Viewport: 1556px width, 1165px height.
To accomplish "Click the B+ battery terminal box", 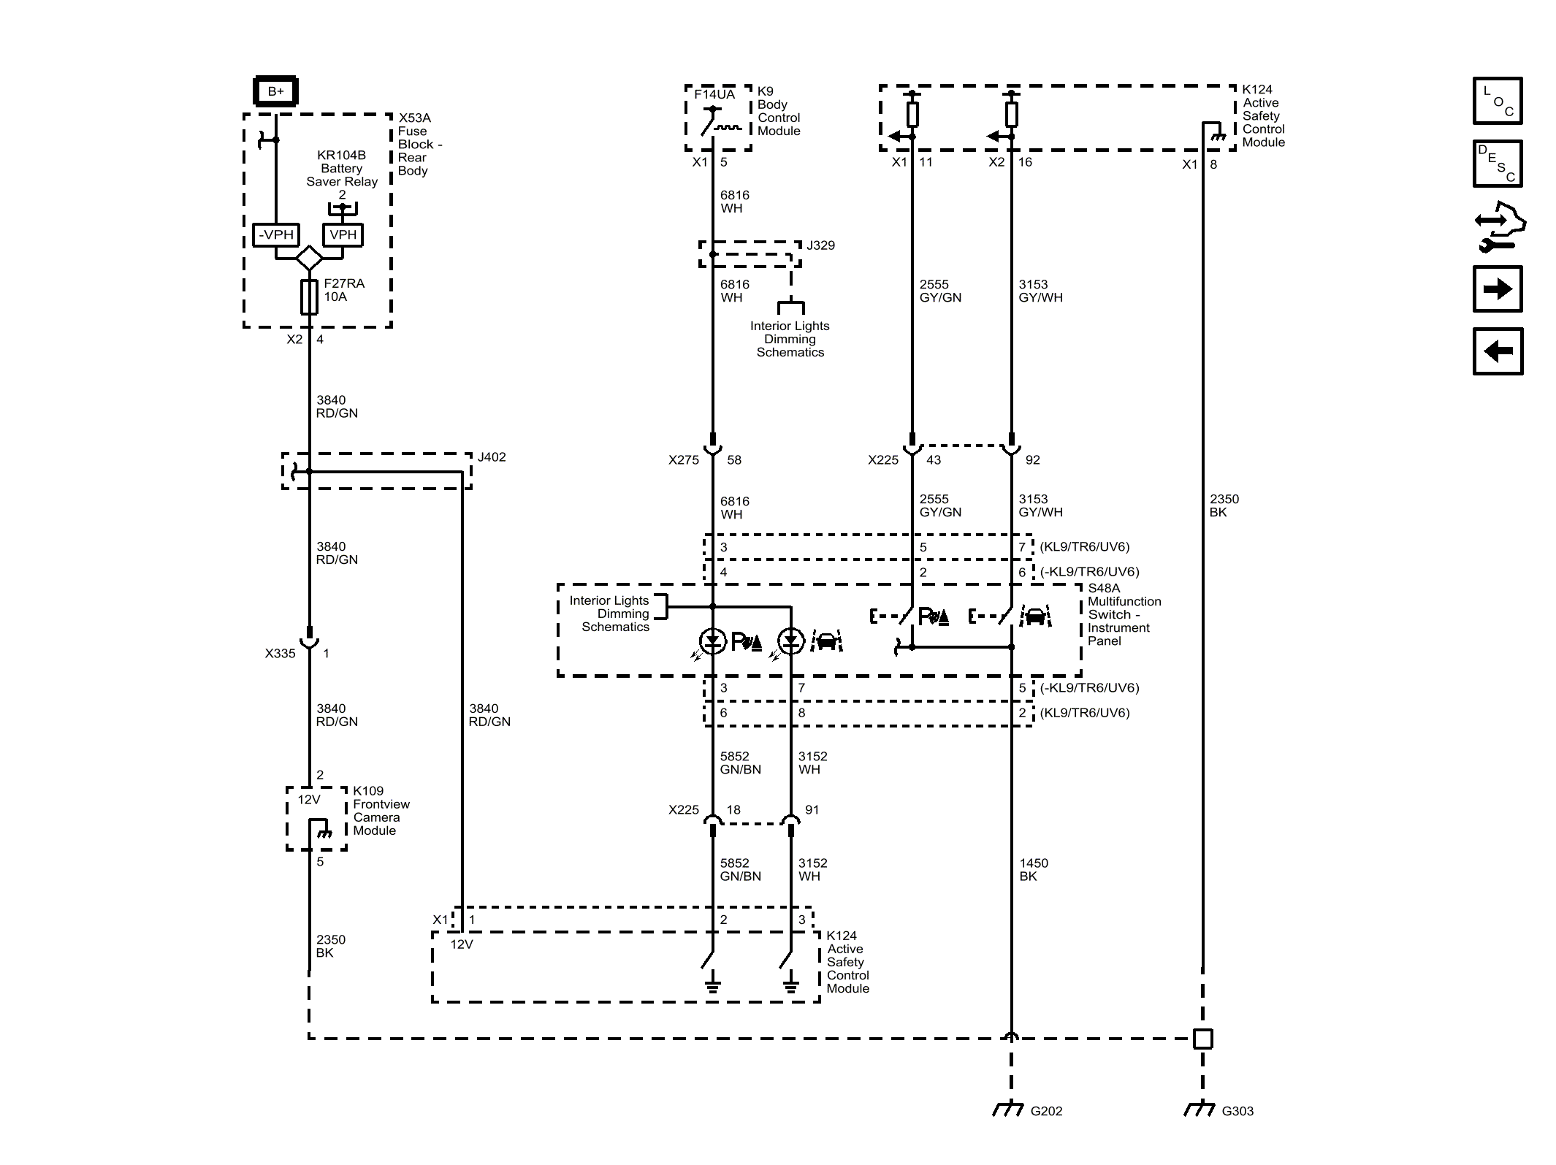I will [x=275, y=91].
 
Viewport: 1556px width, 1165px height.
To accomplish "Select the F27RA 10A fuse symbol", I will [x=309, y=297].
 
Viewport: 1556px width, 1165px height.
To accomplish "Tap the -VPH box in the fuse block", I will [x=276, y=235].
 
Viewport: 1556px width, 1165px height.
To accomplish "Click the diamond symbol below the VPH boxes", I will [x=309, y=258].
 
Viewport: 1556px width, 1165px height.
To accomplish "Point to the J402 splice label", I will [x=492, y=457].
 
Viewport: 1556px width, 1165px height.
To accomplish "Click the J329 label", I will [x=820, y=245].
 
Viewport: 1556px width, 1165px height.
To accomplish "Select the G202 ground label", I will [x=1046, y=1111].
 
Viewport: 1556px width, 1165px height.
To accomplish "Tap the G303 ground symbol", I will [x=1199, y=1109].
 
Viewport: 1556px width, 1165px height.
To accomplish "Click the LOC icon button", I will [x=1498, y=101].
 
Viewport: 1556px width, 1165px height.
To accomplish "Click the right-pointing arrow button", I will [x=1498, y=289].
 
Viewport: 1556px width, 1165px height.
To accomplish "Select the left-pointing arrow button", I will [x=1498, y=351].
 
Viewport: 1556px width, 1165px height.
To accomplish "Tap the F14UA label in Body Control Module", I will [x=714, y=94].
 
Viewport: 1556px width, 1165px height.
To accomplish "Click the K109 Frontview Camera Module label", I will [x=381, y=811].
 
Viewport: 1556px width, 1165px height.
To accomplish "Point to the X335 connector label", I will [x=280, y=654].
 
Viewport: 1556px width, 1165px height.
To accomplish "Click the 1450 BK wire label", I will [x=1034, y=870].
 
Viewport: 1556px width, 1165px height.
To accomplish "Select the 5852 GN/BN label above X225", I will [x=740, y=763].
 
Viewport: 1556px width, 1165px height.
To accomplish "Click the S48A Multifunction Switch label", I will [x=1123, y=614].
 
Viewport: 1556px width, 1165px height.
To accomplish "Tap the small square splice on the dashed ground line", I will [x=1202, y=1039].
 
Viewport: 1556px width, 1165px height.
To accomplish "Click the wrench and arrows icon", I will [x=1499, y=227].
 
